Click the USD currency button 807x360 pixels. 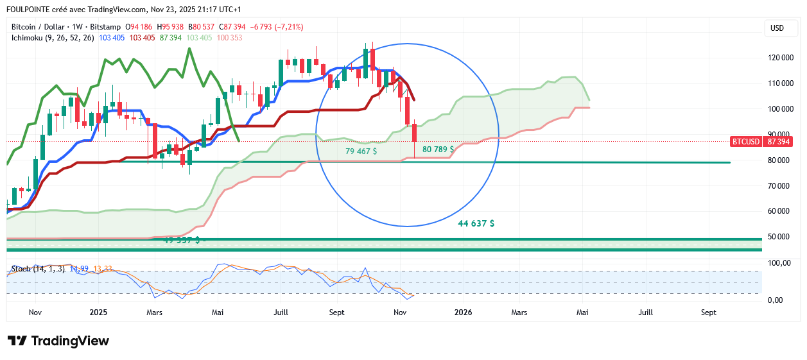tap(777, 28)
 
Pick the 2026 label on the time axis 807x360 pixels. tap(463, 313)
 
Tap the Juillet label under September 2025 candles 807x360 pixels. tap(281, 313)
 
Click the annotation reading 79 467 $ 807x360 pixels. tap(361, 151)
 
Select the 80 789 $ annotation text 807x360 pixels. tap(438, 149)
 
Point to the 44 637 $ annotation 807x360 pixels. tap(476, 223)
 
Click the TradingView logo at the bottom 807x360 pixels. tap(58, 341)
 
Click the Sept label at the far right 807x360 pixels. tap(708, 313)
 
